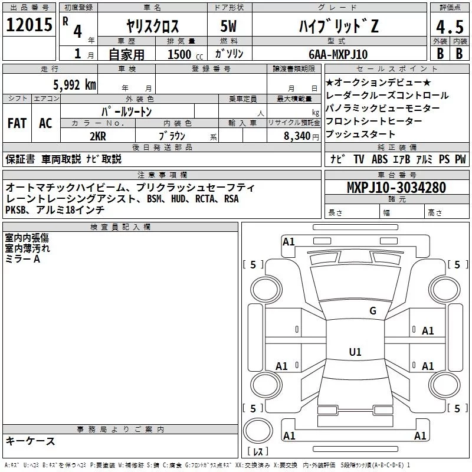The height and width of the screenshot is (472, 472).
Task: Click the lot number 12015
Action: click(29, 25)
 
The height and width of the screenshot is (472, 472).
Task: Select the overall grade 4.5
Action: click(450, 27)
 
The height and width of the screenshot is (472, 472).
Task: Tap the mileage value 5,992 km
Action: click(74, 85)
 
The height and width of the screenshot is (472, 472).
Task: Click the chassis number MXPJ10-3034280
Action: click(396, 187)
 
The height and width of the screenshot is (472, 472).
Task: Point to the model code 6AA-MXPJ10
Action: click(338, 54)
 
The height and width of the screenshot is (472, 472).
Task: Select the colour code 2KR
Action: click(98, 136)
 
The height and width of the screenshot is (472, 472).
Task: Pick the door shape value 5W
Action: click(228, 26)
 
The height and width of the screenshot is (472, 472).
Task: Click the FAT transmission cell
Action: click(17, 123)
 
